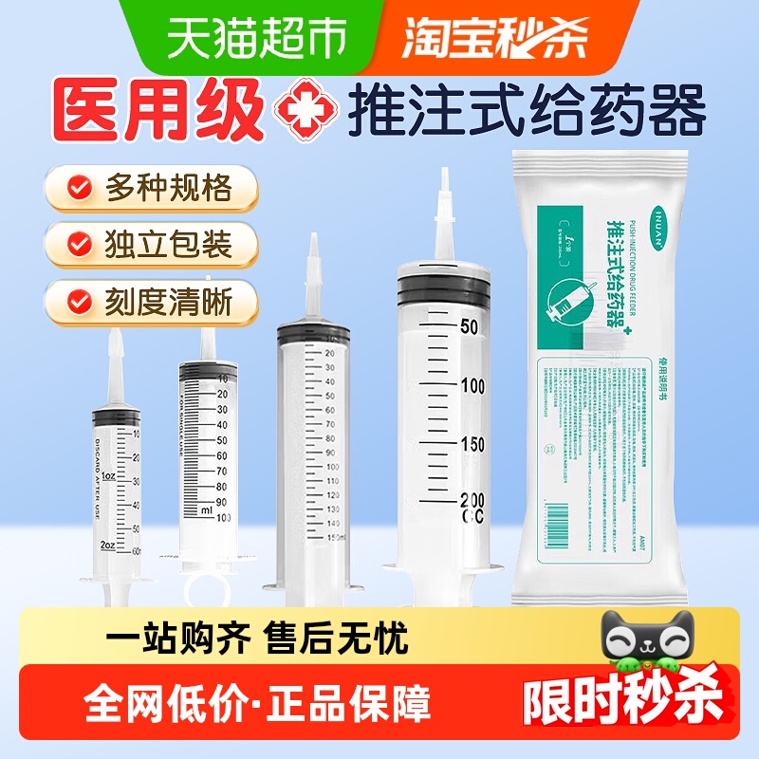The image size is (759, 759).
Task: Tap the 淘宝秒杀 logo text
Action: tap(494, 38)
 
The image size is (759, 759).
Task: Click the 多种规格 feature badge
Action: tap(152, 188)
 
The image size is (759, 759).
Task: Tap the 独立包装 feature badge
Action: tap(152, 245)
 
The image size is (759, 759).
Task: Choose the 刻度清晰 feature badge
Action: tap(152, 304)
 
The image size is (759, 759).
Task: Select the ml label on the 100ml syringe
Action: tap(206, 509)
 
